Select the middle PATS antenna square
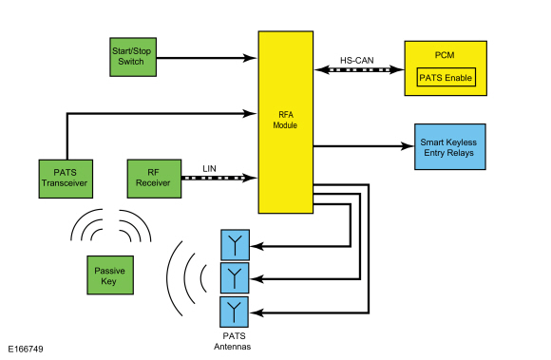[234, 278]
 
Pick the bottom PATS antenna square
[234, 311]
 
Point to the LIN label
[210, 168]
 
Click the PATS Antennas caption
[234, 340]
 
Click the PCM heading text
[446, 56]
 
